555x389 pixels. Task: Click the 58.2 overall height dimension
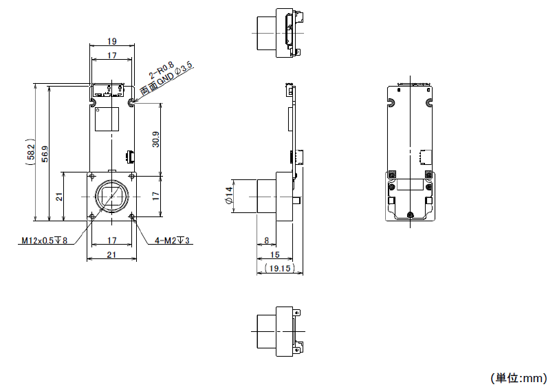click(30, 152)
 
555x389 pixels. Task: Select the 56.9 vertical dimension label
click(45, 154)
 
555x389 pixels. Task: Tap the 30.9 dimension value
click(155, 140)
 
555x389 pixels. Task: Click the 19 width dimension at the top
click(112, 41)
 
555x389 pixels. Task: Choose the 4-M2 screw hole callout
click(172, 241)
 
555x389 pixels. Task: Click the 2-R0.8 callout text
click(162, 69)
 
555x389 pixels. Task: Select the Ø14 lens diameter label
click(229, 196)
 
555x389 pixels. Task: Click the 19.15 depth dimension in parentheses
click(280, 269)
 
